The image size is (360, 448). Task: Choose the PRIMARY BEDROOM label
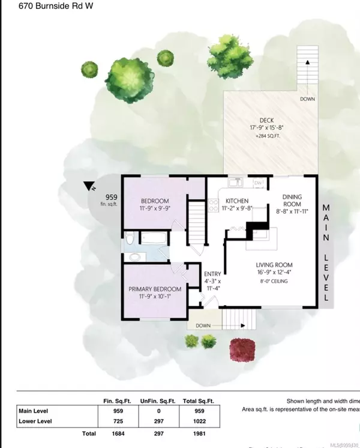pos(155,288)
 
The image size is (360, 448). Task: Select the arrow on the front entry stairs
pos(242,326)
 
